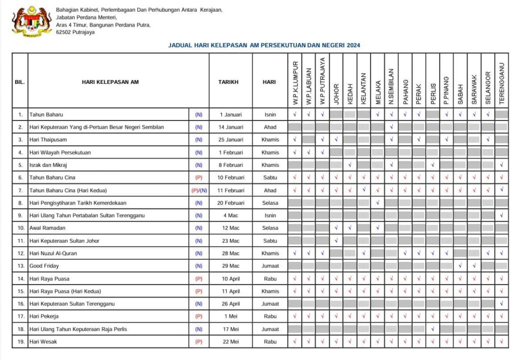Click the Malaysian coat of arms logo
(x=32, y=21)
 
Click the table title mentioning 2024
(x=264, y=45)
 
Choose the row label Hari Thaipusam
(x=48, y=140)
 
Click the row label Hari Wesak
(x=43, y=342)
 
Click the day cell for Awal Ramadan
(x=270, y=228)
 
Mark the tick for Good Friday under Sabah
(x=460, y=266)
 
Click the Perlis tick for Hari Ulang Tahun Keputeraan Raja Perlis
(x=432, y=329)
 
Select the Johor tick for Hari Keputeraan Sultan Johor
(x=336, y=241)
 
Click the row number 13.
(x=20, y=266)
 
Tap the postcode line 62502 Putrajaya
(x=75, y=32)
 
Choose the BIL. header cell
(x=20, y=81)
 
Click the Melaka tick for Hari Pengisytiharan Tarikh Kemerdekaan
(x=378, y=203)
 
